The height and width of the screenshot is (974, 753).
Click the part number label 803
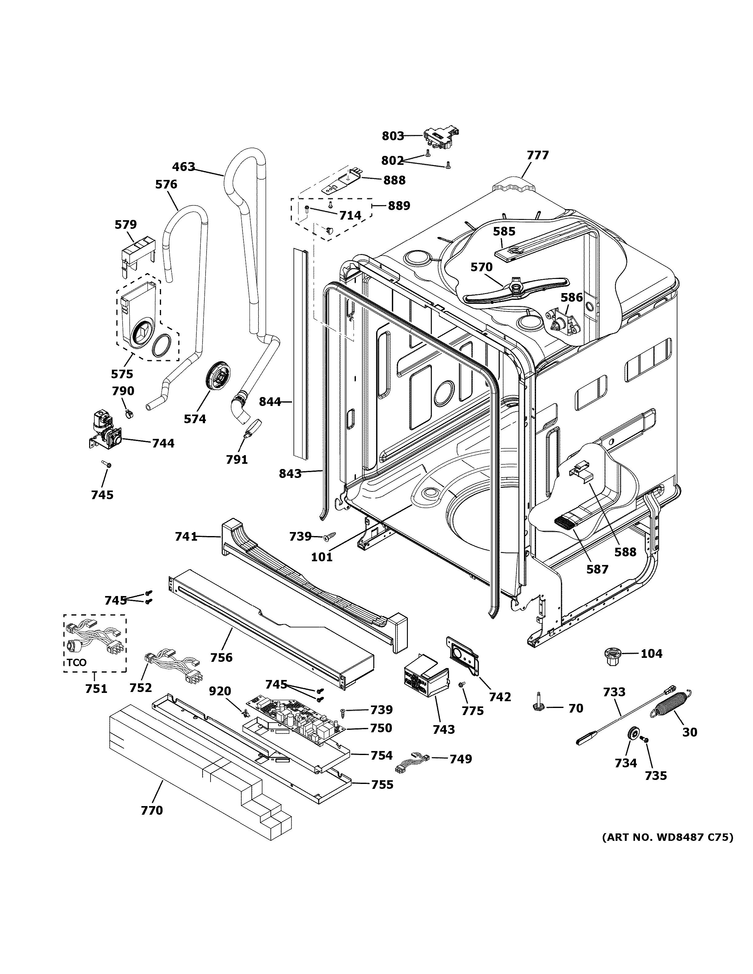392,136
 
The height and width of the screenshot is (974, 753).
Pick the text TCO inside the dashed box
77,663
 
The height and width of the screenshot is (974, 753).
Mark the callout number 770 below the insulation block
152,810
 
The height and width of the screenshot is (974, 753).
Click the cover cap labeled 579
137,254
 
